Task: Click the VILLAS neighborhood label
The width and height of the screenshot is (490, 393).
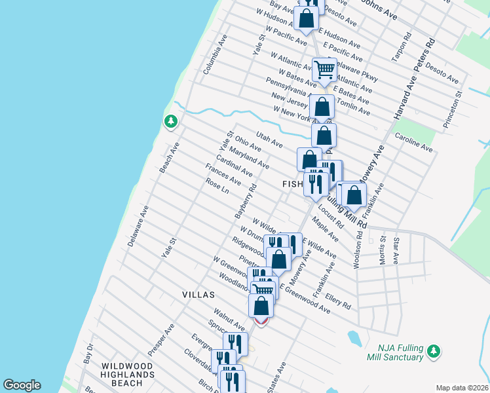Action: coord(198,295)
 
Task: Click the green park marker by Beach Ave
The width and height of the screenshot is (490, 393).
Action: coord(170,122)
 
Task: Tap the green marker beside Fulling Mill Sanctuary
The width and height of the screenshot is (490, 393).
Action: coord(432,352)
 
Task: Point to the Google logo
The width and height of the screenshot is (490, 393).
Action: coord(22,385)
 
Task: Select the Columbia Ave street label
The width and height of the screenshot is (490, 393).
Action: coord(215,54)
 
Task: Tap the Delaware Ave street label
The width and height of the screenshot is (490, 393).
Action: coord(139,226)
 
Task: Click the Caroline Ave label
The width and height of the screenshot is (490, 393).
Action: coord(413,143)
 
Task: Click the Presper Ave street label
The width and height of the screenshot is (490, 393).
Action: coord(160,339)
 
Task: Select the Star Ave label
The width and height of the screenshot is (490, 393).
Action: coord(396,251)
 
